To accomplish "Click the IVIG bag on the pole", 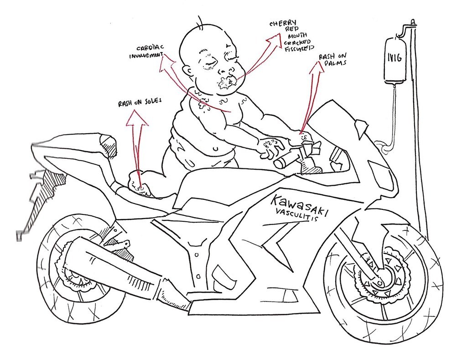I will tap(395, 60).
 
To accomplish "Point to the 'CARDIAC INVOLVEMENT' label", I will tap(145, 52).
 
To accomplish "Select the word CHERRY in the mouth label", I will tap(283, 23).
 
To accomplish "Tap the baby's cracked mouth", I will tap(226, 83).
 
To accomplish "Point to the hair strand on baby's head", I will tap(200, 21).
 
